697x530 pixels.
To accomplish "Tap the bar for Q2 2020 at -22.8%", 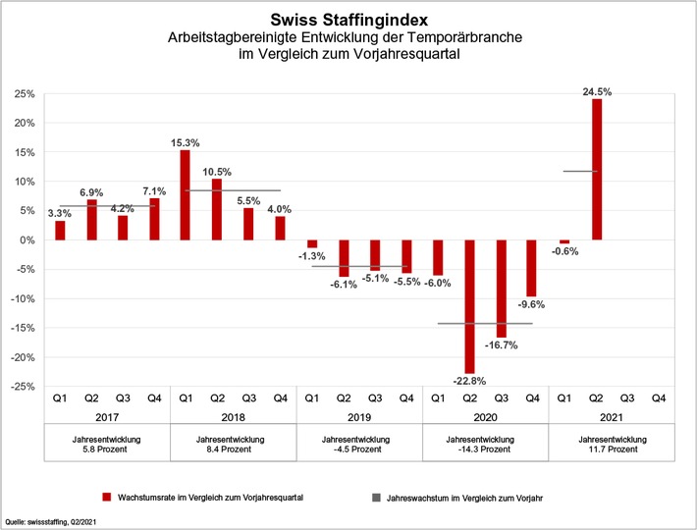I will point(469,306).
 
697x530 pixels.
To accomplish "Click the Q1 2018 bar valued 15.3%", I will point(186,195).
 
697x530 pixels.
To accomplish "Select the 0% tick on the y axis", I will point(27,240).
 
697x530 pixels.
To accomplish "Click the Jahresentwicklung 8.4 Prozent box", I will point(233,445).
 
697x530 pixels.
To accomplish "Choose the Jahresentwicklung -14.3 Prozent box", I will point(485,445).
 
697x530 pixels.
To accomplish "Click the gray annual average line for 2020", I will point(485,323).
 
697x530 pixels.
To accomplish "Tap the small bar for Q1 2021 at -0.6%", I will point(564,242).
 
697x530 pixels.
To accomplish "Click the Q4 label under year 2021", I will point(659,398).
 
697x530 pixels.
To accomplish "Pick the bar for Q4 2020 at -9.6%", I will point(533,268).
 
